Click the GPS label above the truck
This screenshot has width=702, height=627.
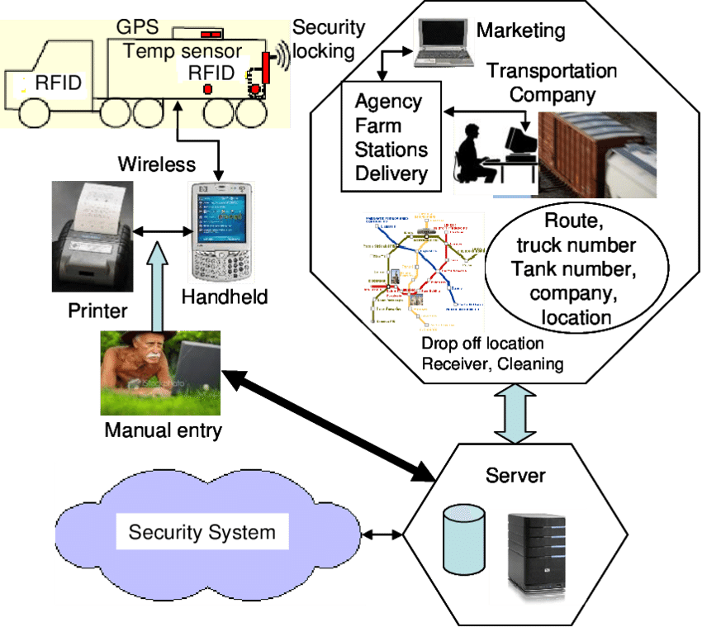click(x=137, y=26)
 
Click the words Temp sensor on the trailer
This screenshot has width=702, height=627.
click(x=183, y=50)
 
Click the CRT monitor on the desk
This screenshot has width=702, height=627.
click(x=522, y=144)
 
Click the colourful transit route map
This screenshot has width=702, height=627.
click(x=424, y=273)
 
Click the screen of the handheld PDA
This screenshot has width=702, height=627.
click(x=221, y=216)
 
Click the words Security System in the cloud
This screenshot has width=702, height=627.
click(x=202, y=531)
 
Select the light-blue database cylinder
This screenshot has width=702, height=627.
click(x=463, y=540)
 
